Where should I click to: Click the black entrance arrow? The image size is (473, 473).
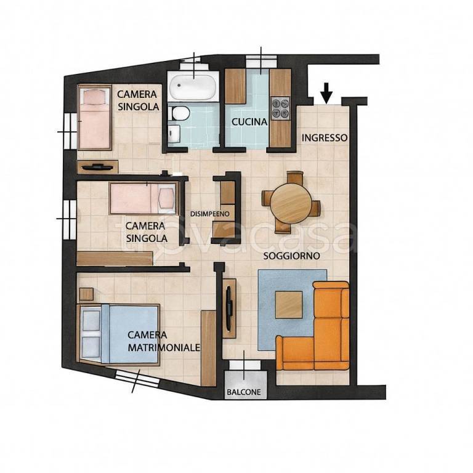[326, 93]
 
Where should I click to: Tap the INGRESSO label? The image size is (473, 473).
[325, 138]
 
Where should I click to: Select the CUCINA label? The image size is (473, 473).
[249, 122]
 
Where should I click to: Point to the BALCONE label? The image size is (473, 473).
[244, 392]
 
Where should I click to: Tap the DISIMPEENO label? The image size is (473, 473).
[210, 214]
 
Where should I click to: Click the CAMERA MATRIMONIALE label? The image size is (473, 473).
[164, 341]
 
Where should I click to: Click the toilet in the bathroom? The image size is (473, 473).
[180, 114]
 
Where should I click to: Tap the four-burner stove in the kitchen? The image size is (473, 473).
[281, 108]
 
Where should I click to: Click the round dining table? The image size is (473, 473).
[291, 203]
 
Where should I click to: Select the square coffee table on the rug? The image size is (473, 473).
[289, 305]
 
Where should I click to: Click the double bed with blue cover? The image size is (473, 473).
[119, 334]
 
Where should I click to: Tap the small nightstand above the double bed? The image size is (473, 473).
[87, 294]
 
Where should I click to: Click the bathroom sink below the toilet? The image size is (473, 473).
[174, 133]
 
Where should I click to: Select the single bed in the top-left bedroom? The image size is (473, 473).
[94, 117]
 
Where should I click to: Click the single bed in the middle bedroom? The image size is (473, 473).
[142, 198]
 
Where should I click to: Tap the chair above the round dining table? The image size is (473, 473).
[294, 177]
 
